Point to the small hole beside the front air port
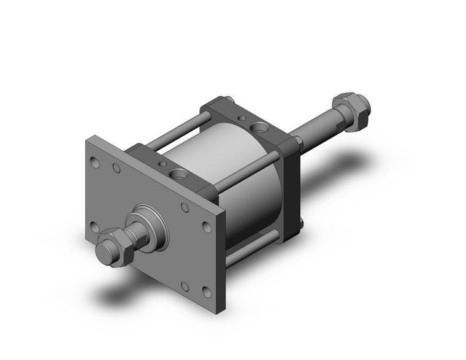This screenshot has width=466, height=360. click(162, 164)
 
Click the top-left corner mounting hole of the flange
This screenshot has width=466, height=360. click(94, 163)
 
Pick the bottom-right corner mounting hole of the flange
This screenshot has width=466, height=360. click(205, 293)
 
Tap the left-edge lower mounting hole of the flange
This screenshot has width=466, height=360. click(95, 228)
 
